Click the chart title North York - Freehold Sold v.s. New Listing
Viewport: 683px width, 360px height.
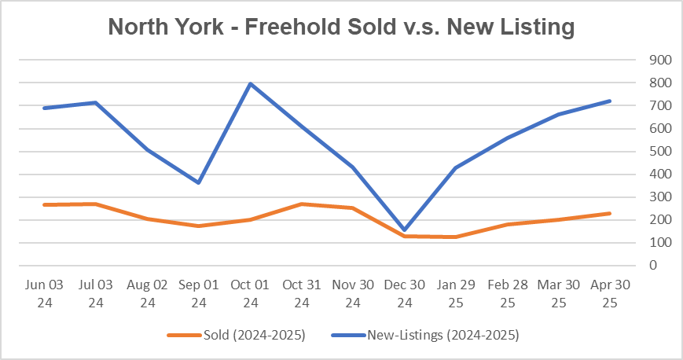341,28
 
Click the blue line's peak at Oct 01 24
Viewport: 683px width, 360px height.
250,83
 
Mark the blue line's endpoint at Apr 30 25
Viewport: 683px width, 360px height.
610,101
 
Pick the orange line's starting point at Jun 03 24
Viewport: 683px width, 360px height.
46,204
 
